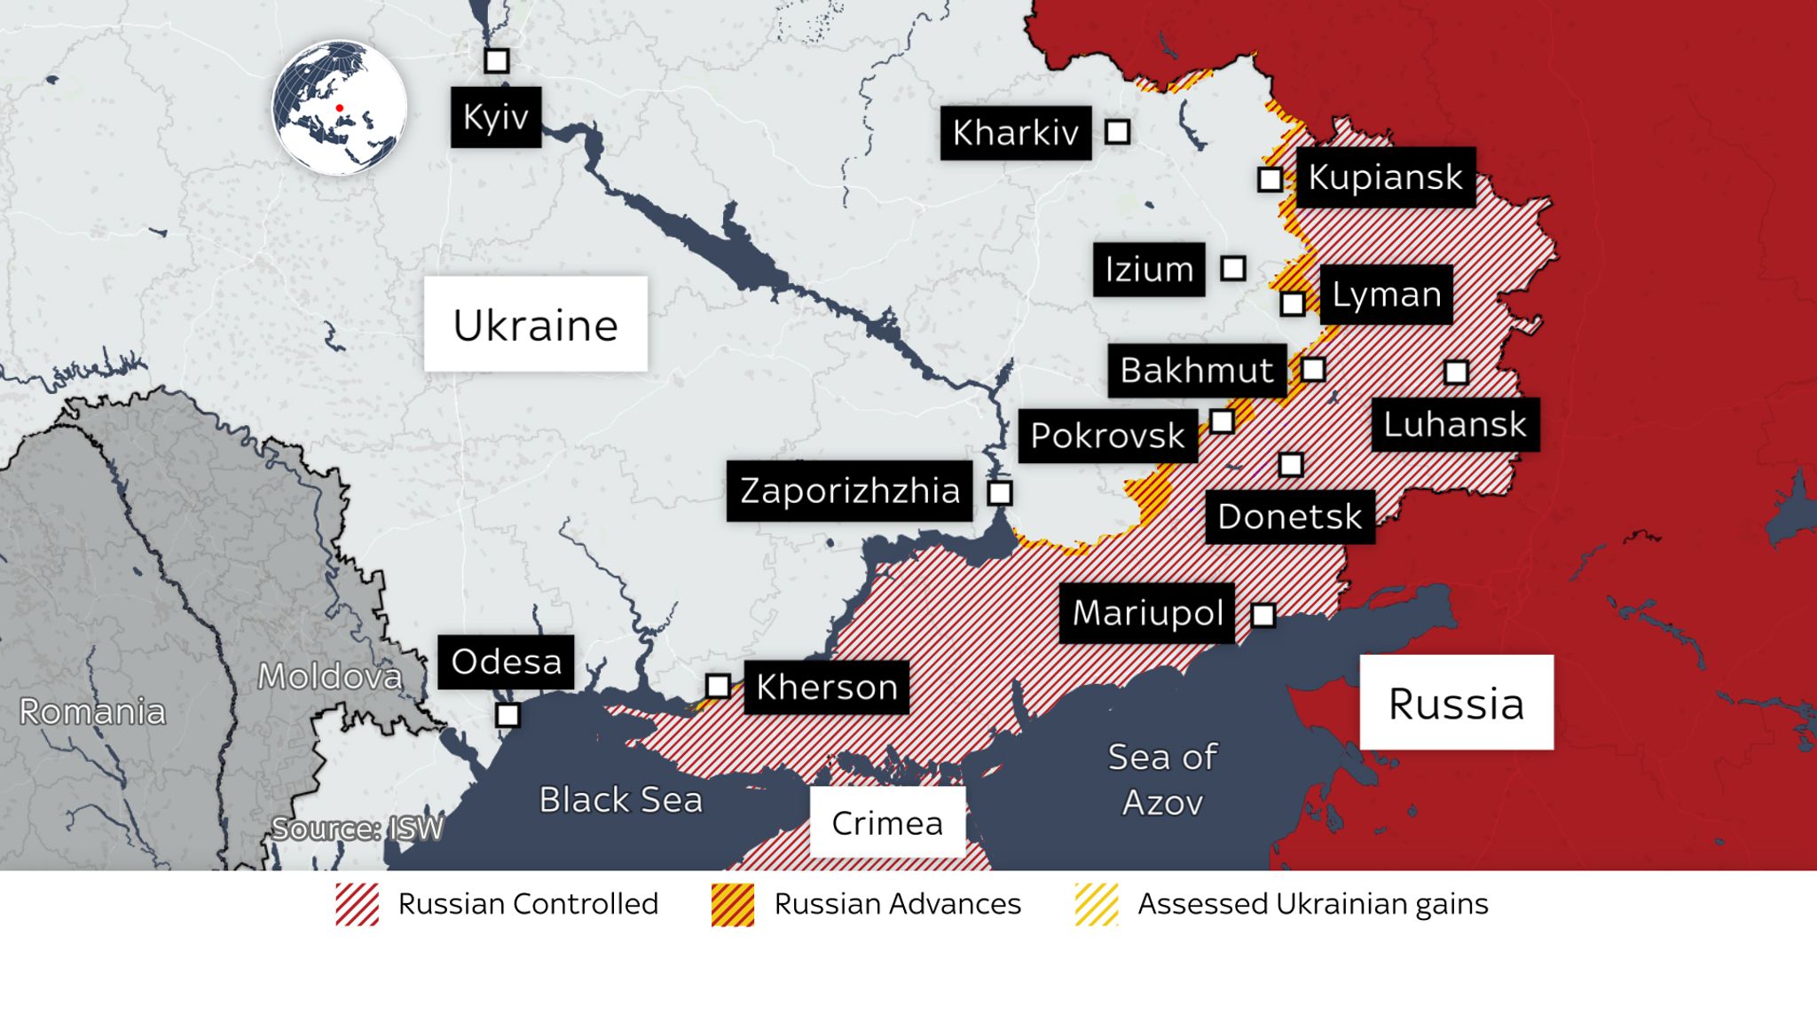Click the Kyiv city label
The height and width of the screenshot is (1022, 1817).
tap(495, 116)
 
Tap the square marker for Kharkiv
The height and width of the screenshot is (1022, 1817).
tap(1117, 132)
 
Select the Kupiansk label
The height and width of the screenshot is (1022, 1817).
tap(1385, 177)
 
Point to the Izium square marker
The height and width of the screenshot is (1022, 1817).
tap(1232, 268)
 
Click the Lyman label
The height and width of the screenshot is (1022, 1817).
tap(1386, 295)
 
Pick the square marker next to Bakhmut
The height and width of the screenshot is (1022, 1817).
tap(1313, 369)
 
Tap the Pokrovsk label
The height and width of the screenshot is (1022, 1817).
tap(1107, 436)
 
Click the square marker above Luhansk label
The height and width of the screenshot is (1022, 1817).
tap(1456, 372)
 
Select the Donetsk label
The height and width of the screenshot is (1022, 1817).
tap(1289, 516)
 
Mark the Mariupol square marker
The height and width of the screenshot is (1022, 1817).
tap(1262, 615)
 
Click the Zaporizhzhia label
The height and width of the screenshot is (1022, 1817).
tap(849, 491)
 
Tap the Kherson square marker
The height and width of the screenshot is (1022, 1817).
tap(718, 686)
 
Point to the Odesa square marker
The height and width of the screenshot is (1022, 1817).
tap(507, 715)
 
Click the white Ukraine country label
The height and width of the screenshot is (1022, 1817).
tap(535, 324)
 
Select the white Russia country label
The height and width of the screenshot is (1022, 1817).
tap(1456, 703)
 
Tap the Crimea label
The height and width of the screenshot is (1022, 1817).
tap(886, 822)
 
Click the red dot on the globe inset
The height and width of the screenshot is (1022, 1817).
tap(339, 108)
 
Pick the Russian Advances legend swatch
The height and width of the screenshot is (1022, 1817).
tap(732, 905)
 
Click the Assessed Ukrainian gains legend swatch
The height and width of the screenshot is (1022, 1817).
tap(1096, 905)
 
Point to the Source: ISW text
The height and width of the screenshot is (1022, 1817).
tap(357, 829)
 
